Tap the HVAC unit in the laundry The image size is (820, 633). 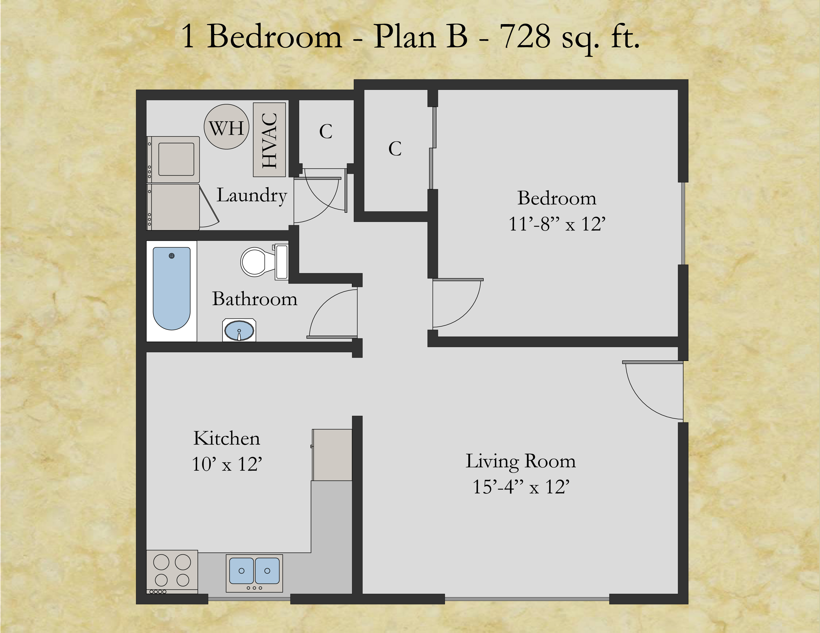tap(269, 140)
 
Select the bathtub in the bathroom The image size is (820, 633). tap(172, 288)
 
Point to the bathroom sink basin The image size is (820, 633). tap(239, 331)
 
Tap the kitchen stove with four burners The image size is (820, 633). tap(172, 571)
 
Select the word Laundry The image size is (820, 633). tap(251, 195)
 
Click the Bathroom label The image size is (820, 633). tap(254, 299)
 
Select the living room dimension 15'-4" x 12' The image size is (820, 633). tap(521, 487)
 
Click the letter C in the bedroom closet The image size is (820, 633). tap(395, 149)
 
